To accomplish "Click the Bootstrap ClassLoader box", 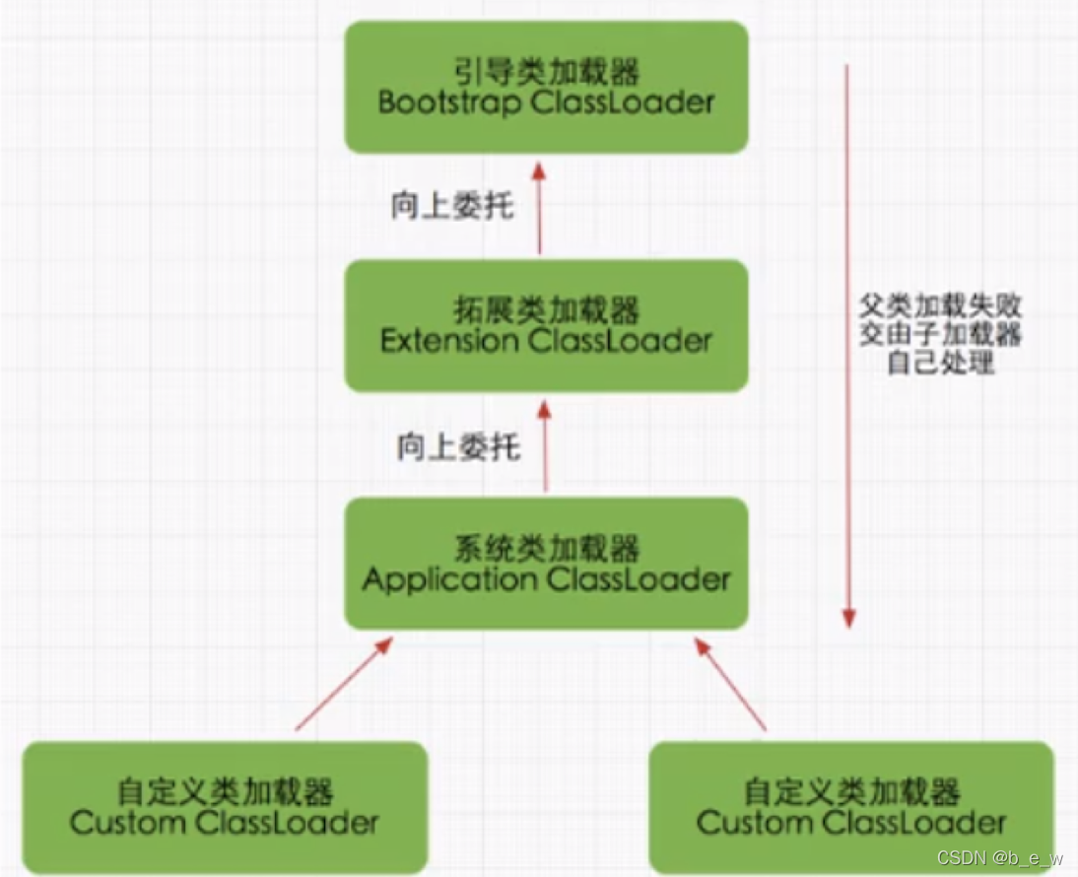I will click(546, 86).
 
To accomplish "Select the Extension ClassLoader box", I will click(546, 326).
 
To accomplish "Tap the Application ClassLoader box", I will click(546, 563).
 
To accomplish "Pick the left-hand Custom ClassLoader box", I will click(225, 807).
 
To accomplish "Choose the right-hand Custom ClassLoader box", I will click(851, 807).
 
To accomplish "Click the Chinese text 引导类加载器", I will click(546, 71).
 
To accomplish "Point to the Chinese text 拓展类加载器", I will click(546, 310).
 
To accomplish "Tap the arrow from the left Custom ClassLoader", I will click(343, 684).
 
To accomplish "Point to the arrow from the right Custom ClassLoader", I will click(730, 684).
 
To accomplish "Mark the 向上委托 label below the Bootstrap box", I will click(452, 209).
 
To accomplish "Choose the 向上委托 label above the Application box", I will click(458, 448).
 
